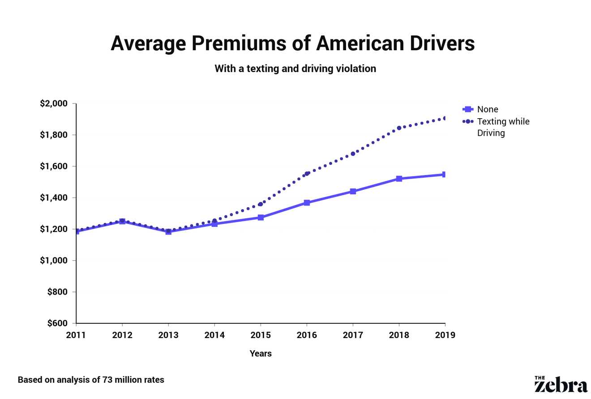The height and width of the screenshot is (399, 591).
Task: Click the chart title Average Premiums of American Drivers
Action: coord(292,44)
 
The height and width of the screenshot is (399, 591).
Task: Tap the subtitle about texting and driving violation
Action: coord(295,69)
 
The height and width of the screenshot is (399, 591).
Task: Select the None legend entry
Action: coord(487,109)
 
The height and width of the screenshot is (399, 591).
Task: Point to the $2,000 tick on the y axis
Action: coord(54,104)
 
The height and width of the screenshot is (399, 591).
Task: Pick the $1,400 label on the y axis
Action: coord(54,198)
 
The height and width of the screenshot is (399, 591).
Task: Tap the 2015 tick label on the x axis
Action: coord(261,335)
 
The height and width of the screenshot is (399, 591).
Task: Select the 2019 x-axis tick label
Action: coord(445,335)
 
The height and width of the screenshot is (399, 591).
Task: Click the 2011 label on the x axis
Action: coord(76,335)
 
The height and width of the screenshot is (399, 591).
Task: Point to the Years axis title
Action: coord(261,353)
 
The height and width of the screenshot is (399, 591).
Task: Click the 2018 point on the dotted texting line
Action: coord(399,128)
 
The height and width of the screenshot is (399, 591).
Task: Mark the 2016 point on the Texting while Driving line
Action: coord(307,174)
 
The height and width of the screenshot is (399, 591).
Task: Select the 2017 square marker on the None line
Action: coord(353,192)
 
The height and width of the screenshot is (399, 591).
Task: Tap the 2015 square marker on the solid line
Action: coord(261,218)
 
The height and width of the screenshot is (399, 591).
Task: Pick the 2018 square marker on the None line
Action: coord(399,179)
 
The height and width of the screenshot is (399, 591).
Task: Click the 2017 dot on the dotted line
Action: coord(353,154)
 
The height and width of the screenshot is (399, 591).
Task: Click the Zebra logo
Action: coord(561,384)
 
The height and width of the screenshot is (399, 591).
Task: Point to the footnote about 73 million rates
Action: coord(91,380)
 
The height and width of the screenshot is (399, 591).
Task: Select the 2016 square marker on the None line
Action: coord(307,203)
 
